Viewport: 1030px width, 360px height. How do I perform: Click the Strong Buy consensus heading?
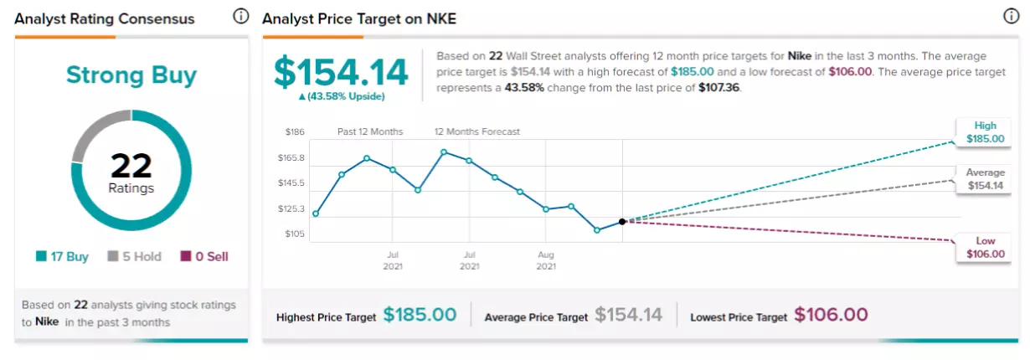[x=131, y=75]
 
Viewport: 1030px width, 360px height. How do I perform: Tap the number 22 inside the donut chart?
[x=131, y=166]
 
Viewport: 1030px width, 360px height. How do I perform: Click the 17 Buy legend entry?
[x=62, y=256]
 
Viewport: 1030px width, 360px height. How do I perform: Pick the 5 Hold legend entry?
[x=134, y=256]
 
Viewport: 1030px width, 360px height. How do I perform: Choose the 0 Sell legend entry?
[x=204, y=256]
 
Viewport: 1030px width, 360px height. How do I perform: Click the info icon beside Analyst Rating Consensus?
[x=240, y=17]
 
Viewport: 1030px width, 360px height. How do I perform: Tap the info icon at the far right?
[x=1011, y=17]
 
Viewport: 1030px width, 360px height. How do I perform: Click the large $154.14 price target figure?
[x=341, y=72]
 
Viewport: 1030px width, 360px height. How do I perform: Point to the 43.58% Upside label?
[x=342, y=96]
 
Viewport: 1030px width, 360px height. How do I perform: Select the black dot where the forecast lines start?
[x=622, y=222]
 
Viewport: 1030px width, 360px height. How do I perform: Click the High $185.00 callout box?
[x=984, y=132]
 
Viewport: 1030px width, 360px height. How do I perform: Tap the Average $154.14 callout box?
[x=984, y=179]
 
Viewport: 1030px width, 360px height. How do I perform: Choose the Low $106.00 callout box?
[x=984, y=248]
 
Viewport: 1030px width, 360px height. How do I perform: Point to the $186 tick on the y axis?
[x=295, y=132]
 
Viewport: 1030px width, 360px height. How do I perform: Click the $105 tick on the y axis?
[x=295, y=234]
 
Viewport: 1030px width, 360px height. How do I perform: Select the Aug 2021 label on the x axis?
[x=546, y=260]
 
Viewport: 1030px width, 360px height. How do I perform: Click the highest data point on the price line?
[x=444, y=152]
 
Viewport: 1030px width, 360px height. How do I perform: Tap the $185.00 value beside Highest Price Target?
[x=420, y=315]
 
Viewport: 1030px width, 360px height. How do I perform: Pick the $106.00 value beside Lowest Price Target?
[x=831, y=315]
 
